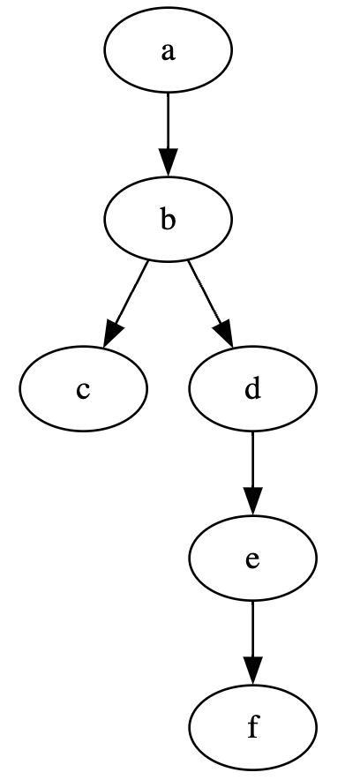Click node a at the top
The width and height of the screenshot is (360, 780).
[x=168, y=50]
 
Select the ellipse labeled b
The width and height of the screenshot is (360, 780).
[x=168, y=219]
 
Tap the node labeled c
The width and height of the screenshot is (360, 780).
[x=83, y=389]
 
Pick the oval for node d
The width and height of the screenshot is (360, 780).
[x=252, y=389]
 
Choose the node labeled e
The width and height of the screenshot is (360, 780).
[x=252, y=559]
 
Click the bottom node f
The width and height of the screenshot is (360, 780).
[x=252, y=729]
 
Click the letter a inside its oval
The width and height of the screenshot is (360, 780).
[x=168, y=51]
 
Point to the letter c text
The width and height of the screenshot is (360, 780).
[x=83, y=390]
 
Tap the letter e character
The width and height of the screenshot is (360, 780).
[x=252, y=560]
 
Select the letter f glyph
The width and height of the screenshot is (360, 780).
[x=253, y=729]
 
